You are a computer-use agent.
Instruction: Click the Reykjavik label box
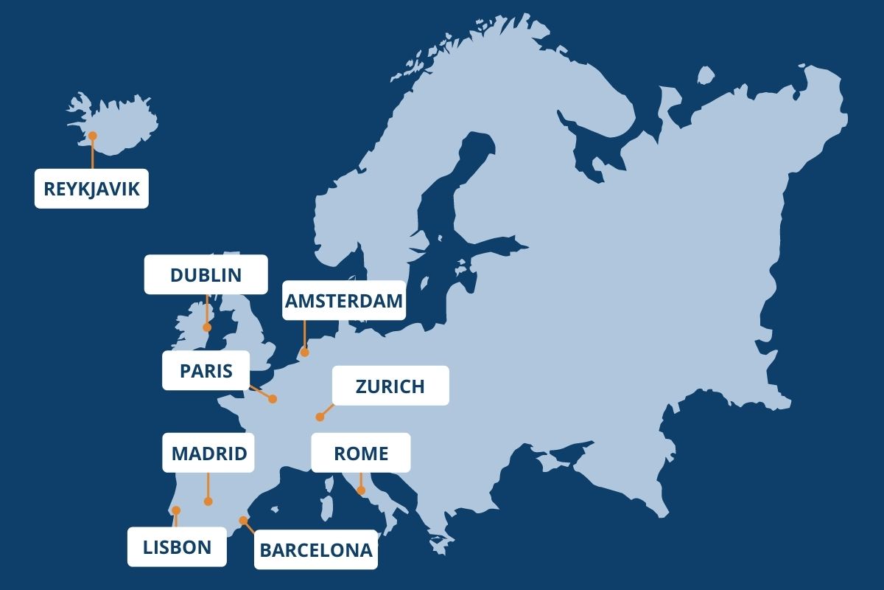[91, 189]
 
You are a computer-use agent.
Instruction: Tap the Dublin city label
[206, 275]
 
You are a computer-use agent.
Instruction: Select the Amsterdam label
[344, 300]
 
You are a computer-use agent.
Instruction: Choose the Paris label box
[206, 370]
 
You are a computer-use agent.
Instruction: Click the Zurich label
[390, 386]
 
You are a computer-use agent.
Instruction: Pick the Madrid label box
[208, 453]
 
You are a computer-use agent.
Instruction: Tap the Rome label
[360, 453]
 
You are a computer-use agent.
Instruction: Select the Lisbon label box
[177, 546]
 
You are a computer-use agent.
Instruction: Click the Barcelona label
[316, 549]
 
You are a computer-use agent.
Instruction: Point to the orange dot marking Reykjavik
[93, 136]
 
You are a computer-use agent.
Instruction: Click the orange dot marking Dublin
[207, 327]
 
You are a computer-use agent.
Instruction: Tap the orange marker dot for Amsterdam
[304, 353]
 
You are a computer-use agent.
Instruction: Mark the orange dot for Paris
[273, 399]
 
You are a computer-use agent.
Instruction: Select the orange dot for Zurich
[320, 417]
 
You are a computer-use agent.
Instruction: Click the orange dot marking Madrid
[208, 502]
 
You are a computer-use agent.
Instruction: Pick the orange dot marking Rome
[361, 490]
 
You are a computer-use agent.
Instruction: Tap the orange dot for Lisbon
[175, 510]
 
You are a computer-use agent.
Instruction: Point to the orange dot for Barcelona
[243, 520]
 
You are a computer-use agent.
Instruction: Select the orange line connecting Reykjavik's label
[93, 155]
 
